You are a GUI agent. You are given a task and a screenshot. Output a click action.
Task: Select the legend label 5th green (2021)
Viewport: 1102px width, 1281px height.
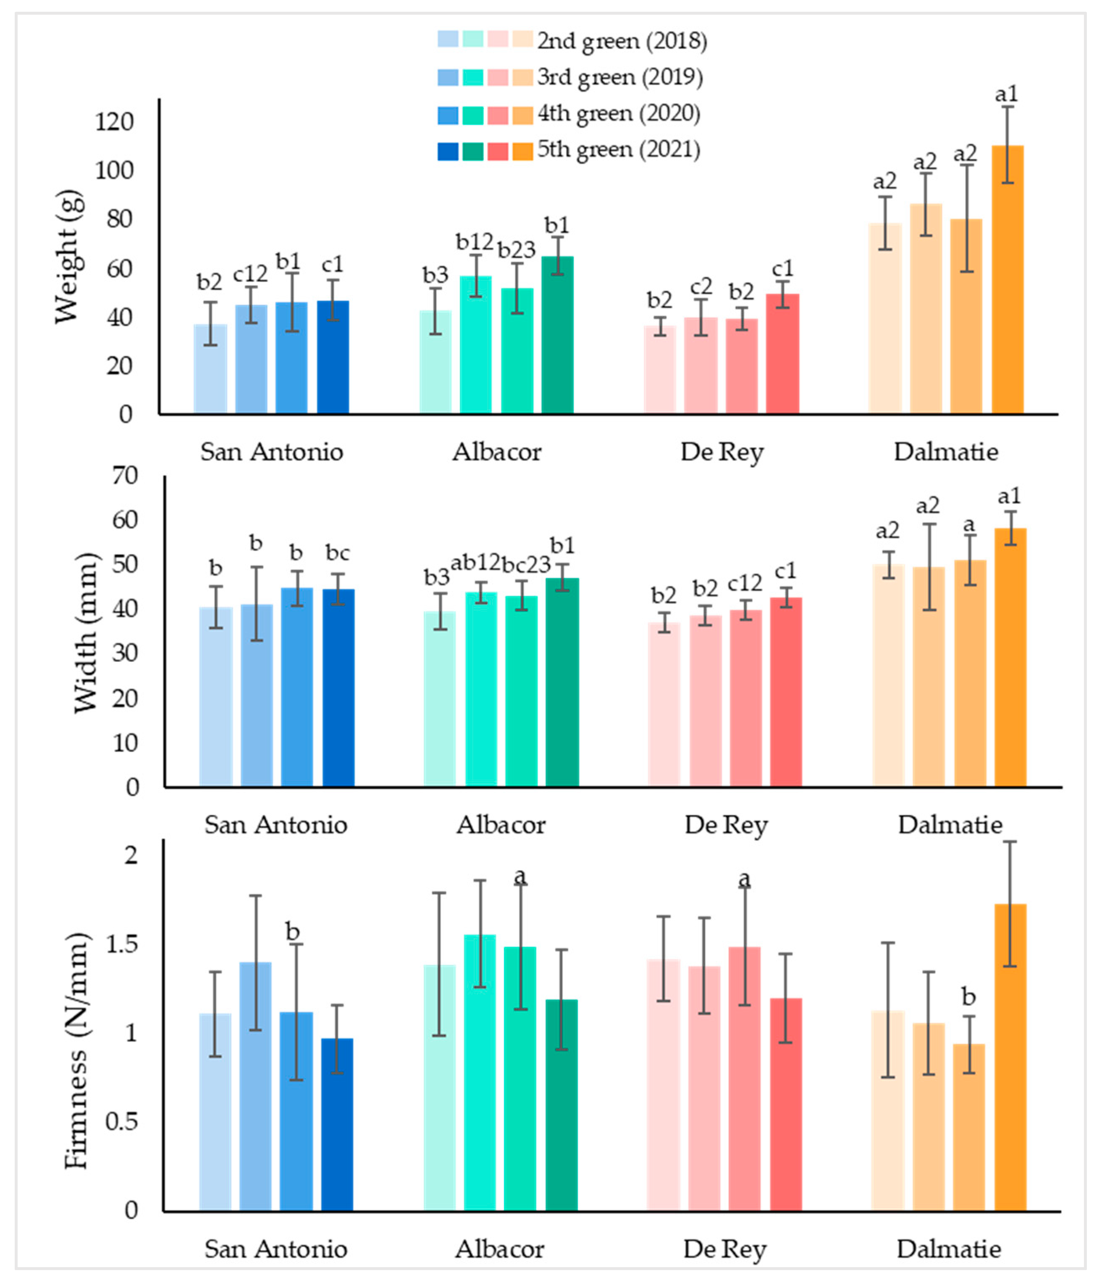click(618, 150)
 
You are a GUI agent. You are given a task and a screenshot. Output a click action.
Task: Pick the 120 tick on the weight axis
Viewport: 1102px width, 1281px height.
click(114, 122)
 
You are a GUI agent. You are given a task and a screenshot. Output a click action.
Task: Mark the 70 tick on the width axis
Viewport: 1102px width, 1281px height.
click(124, 475)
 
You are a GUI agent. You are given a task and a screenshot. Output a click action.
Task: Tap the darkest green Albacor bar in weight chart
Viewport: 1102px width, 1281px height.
click(557, 334)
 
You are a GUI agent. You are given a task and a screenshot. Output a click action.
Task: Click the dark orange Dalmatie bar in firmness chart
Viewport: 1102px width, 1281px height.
click(1010, 1057)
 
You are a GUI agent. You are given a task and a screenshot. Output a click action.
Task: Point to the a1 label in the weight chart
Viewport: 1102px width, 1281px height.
click(1006, 94)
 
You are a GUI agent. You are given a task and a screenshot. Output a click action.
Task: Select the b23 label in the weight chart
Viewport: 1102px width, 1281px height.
click(516, 250)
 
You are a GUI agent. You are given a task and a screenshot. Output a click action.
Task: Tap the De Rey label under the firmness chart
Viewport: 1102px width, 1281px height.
click(724, 1249)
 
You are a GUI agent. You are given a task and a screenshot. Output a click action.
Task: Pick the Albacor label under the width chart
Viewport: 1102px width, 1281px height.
click(501, 825)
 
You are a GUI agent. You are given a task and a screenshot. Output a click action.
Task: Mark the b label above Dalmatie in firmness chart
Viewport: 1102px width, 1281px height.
click(968, 997)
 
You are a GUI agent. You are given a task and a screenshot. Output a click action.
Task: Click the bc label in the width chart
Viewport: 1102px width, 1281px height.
click(338, 553)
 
